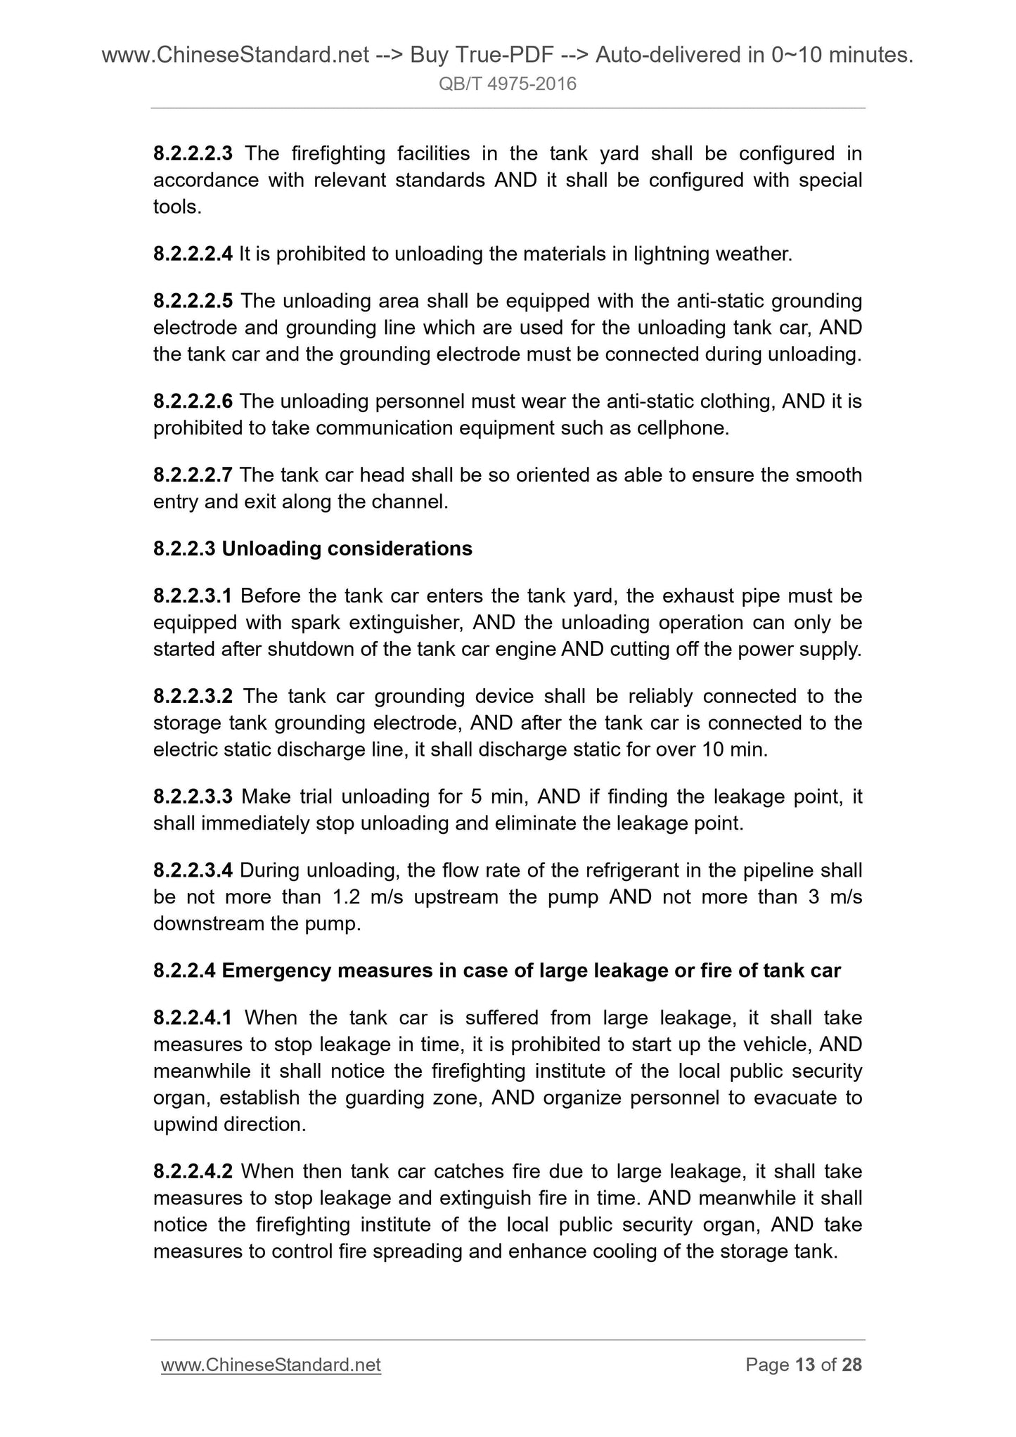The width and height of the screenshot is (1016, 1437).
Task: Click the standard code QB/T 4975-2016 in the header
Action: point(508,84)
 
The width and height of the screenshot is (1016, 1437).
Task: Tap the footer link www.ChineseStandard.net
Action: point(271,1365)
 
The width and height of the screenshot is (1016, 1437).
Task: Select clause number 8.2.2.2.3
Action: point(193,153)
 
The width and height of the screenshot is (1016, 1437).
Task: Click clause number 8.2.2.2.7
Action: point(193,475)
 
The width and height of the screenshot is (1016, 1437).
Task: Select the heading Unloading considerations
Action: point(347,548)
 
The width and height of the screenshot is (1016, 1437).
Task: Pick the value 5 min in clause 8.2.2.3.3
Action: point(501,797)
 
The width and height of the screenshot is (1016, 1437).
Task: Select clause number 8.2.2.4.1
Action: point(193,1018)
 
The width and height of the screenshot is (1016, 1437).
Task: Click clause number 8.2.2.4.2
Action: point(193,1171)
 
